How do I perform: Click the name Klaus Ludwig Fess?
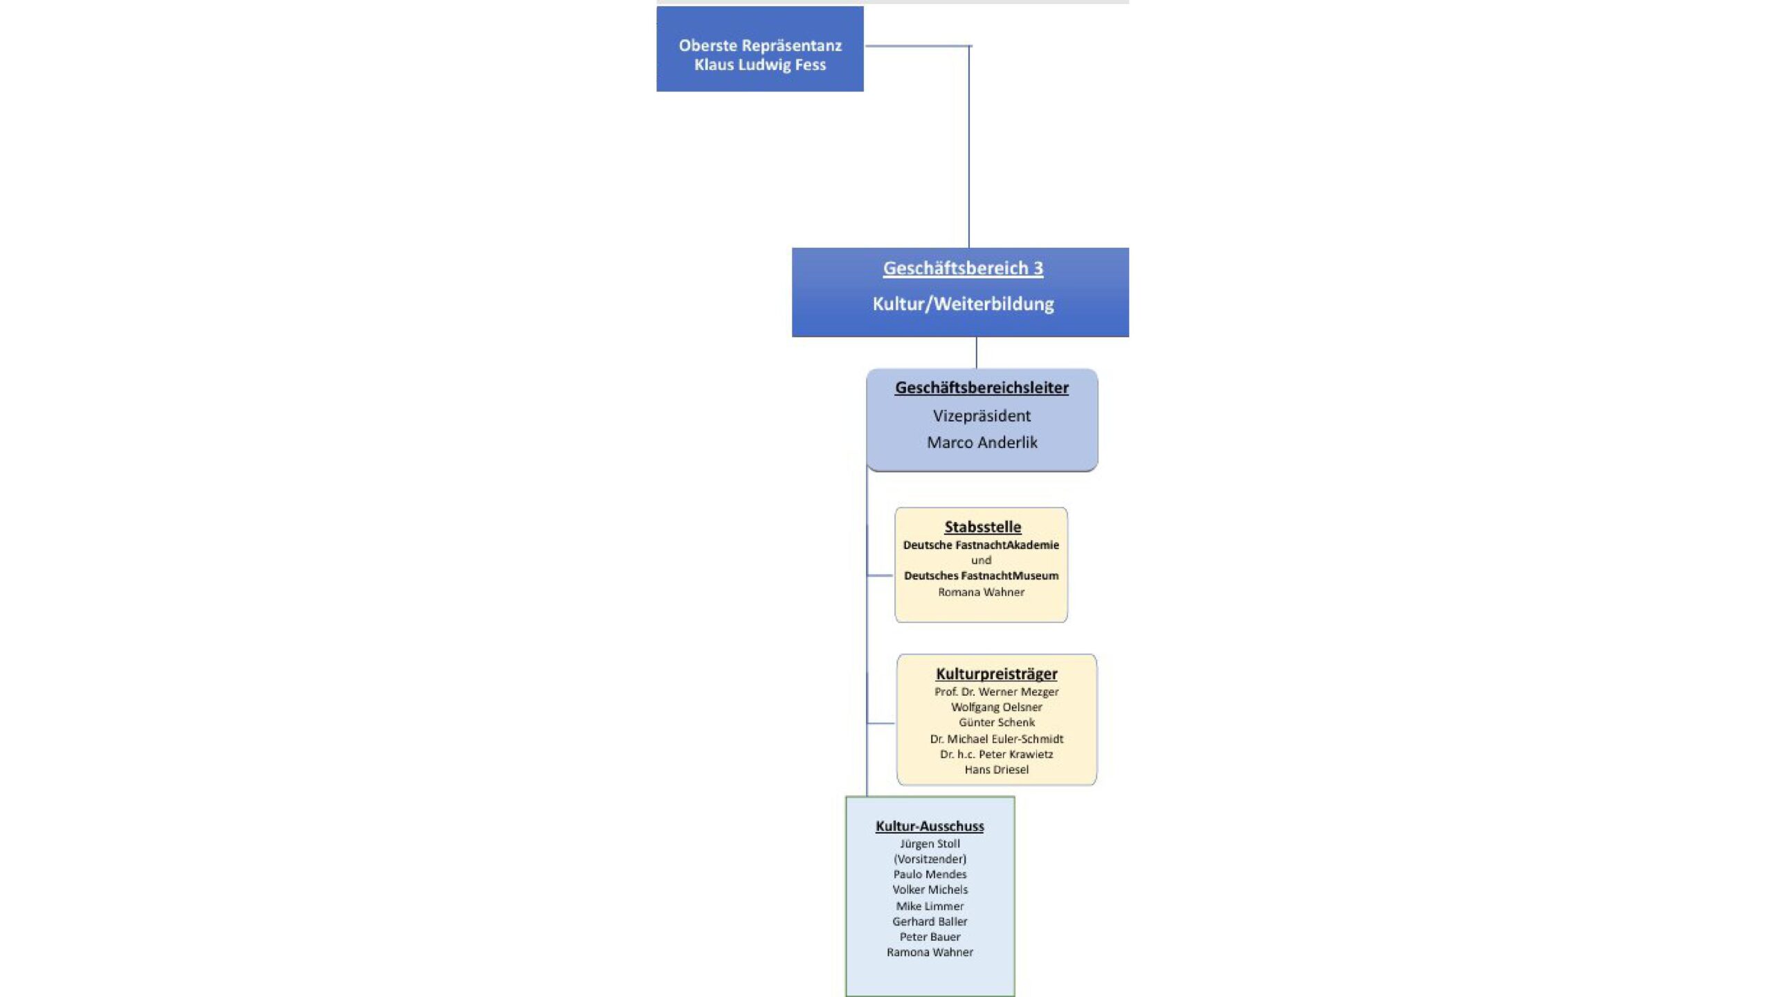coord(760,65)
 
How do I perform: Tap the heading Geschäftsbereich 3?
coord(963,269)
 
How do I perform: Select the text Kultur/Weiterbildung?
coord(963,304)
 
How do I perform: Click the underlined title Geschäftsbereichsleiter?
coord(982,388)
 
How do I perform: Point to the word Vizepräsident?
coord(982,415)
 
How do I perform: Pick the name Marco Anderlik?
coord(982,442)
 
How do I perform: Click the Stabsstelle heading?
coord(982,527)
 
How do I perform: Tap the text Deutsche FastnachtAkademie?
coord(981,545)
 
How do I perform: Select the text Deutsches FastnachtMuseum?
coord(981,575)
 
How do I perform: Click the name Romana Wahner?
coord(981,592)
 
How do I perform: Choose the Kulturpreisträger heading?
coord(996,674)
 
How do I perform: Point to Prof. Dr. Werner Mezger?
coord(996,692)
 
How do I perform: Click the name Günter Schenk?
coord(996,722)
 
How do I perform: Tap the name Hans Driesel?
coord(996,769)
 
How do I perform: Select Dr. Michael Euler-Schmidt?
coord(996,739)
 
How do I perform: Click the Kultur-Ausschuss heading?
coord(930,826)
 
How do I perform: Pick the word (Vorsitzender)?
coord(930,859)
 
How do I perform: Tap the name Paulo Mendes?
coord(930,874)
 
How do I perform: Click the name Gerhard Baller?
coord(930,922)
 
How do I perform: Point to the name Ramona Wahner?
coord(930,952)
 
